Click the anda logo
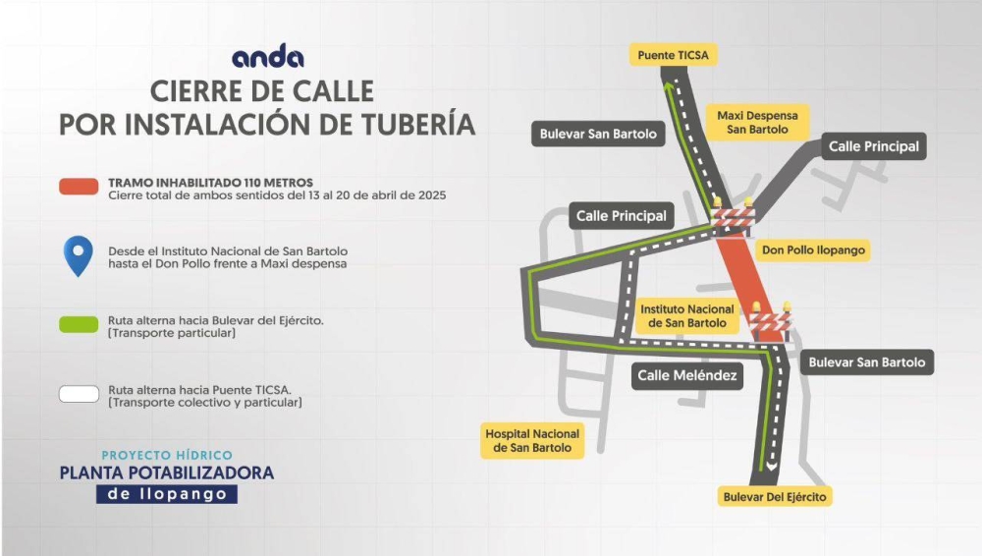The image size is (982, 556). coord(267,58)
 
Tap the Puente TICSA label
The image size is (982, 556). coord(673,55)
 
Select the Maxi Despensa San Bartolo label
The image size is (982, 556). coord(757,122)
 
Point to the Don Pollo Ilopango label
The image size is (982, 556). coord(813,250)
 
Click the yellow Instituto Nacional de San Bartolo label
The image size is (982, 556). coord(687,316)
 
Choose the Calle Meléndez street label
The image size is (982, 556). coord(686,375)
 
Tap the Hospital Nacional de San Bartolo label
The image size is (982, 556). coord(533,441)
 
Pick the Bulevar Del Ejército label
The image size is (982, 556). coord(776,497)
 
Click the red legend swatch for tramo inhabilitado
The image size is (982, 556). coord(78,187)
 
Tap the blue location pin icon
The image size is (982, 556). coord(79,255)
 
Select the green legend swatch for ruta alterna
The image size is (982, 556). coord(79,325)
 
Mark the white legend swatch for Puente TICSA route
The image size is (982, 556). coord(79,394)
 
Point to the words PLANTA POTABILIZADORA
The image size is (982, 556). coord(167,473)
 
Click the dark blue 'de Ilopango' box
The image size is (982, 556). coord(167,494)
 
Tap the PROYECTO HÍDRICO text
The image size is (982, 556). coord(167,455)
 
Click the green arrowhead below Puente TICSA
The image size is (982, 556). coord(669,87)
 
